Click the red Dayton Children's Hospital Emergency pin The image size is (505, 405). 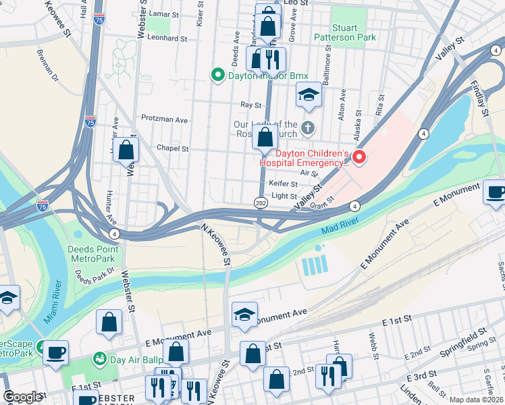(x=359, y=157)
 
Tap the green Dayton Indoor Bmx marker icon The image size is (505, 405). (x=218, y=76)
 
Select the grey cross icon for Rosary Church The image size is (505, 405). (x=308, y=127)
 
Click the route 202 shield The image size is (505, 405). (x=261, y=202)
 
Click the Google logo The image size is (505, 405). (x=22, y=397)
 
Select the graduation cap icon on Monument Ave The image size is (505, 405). (x=244, y=314)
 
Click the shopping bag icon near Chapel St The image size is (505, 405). (x=126, y=150)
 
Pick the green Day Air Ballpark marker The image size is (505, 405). (x=100, y=356)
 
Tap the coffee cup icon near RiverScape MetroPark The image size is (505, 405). (x=55, y=351)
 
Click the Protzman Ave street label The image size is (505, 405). (x=164, y=119)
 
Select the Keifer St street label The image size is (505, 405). (x=284, y=184)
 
